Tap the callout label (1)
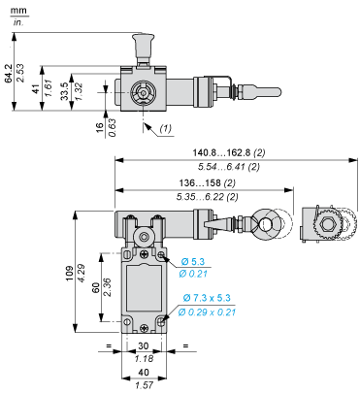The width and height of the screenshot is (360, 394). (166, 127)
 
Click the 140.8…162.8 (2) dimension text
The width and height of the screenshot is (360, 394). (234, 152)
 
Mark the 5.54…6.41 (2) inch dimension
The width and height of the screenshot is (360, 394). (234, 167)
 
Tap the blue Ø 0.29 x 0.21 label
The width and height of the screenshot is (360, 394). (208, 311)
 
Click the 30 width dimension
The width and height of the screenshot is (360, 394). (144, 345)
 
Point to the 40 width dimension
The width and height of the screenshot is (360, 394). (144, 373)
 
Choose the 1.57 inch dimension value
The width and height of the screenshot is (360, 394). (144, 385)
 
